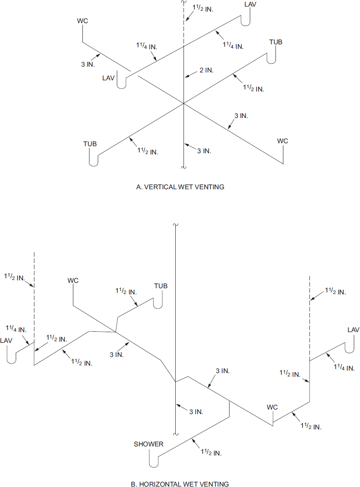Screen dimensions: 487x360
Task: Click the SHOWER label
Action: pos(148,444)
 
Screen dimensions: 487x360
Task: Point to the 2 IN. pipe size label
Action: pos(206,70)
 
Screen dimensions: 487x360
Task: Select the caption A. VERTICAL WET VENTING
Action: pos(180,187)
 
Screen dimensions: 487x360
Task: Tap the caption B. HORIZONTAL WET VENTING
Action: pos(180,484)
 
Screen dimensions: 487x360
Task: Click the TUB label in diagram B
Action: pos(161,286)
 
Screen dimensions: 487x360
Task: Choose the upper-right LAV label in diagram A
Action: pos(250,5)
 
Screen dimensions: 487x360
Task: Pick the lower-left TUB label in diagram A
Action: pos(90,144)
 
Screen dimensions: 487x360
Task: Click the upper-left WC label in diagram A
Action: pos(82,21)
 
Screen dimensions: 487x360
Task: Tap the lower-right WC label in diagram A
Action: pos(283,141)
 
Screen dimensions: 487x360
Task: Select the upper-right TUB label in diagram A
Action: pos(276,42)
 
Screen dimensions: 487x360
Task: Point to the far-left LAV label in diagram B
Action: pos(7,340)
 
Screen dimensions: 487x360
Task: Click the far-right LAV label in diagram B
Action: pos(353,330)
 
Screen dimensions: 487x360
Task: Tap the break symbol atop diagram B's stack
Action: pos(176,224)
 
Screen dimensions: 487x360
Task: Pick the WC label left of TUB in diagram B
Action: pos(73,281)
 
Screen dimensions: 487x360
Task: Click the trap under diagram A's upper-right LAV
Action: pos(246,22)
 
